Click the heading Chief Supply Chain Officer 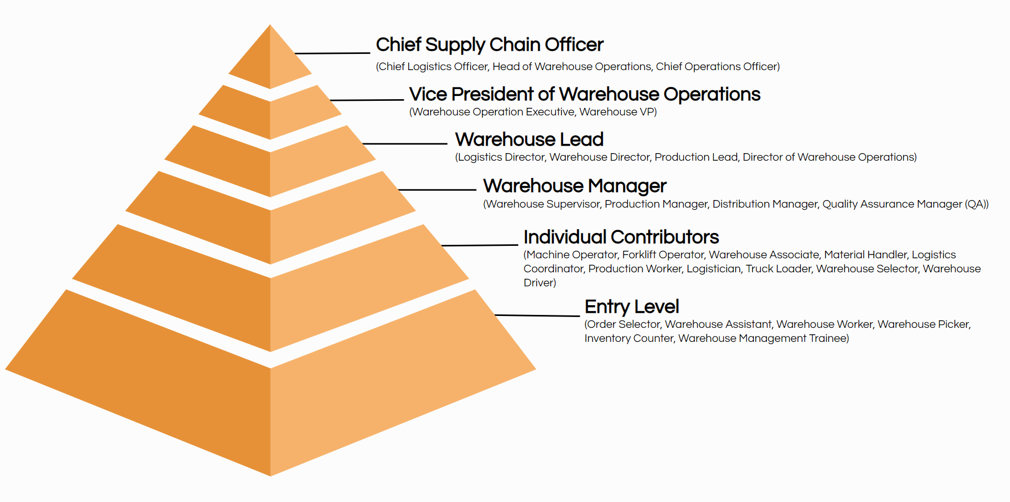point(490,45)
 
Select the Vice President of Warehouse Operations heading point(585,94)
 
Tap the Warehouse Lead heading point(529,140)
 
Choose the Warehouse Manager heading point(575,187)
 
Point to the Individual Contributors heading point(621,237)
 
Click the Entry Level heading point(631,307)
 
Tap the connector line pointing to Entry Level point(537,315)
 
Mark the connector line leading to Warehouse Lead point(405,144)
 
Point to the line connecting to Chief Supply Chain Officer point(332,53)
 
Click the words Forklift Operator point(663,255)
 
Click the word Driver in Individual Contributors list point(538,283)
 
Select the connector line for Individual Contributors point(480,245)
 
